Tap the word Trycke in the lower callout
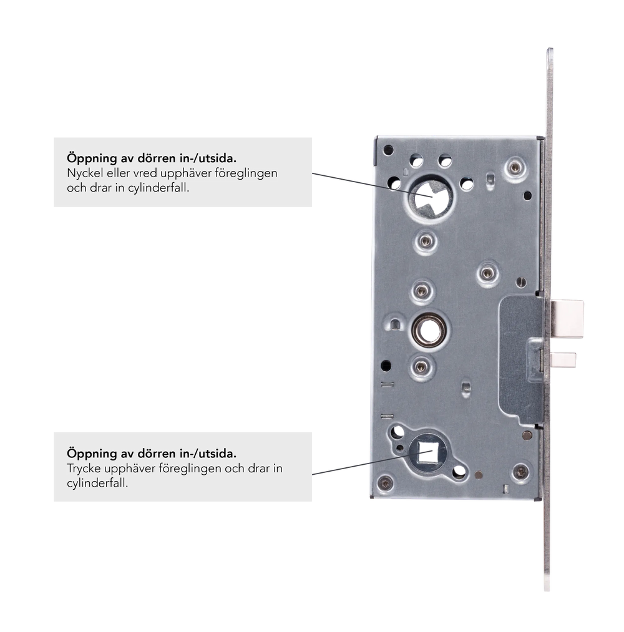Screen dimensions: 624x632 click(x=84, y=469)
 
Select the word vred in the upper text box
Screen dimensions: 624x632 click(x=145, y=173)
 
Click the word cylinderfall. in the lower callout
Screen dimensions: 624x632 click(x=97, y=483)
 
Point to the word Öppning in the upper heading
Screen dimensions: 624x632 click(x=92, y=158)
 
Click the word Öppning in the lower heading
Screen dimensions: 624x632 click(x=92, y=454)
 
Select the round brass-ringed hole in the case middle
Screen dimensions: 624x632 click(x=429, y=331)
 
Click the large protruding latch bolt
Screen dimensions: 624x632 click(x=568, y=319)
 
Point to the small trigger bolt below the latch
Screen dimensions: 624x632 click(x=563, y=360)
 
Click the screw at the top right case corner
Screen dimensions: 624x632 click(x=515, y=167)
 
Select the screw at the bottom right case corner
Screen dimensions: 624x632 click(x=520, y=471)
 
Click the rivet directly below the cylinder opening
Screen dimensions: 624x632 click(x=426, y=241)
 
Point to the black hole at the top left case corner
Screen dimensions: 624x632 click(x=388, y=150)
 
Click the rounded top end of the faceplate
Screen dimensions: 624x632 click(x=550, y=51)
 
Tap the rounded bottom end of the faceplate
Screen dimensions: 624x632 click(x=547, y=587)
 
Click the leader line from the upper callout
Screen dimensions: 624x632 click(x=373, y=185)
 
